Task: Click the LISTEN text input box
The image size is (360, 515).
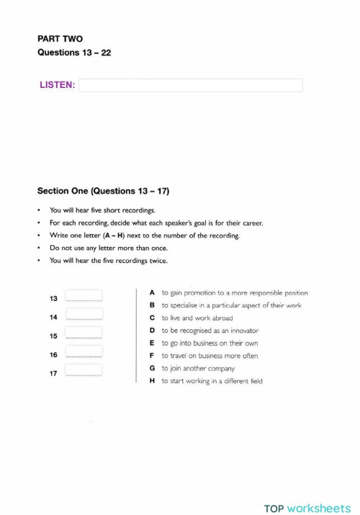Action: (x=191, y=86)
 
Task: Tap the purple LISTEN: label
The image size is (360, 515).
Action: (x=58, y=86)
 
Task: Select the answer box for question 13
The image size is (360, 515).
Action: (x=84, y=296)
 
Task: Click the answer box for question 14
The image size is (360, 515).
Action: (x=84, y=315)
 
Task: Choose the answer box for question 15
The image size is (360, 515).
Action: (x=84, y=333)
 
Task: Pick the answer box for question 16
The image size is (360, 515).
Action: (x=84, y=351)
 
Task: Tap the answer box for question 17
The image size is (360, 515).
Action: (x=84, y=370)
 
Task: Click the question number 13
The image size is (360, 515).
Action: (x=53, y=298)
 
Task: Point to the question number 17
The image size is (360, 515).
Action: (x=53, y=374)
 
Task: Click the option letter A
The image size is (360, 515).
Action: (x=152, y=293)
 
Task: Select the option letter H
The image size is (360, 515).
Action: (x=152, y=380)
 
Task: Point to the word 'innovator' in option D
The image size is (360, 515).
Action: (x=237, y=331)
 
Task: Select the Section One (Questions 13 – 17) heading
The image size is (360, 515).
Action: (x=103, y=192)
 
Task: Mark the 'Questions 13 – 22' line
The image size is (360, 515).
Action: (x=74, y=53)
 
